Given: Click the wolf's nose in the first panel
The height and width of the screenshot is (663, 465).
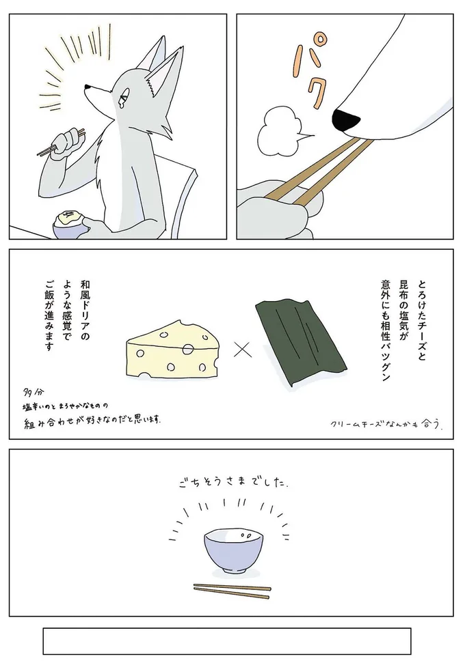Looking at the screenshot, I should tap(85, 87).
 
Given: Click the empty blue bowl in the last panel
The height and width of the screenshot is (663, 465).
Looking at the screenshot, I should tap(232, 550).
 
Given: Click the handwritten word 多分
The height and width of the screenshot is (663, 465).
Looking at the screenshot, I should tap(31, 394).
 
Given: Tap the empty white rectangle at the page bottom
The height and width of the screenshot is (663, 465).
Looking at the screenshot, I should tap(226, 640).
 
